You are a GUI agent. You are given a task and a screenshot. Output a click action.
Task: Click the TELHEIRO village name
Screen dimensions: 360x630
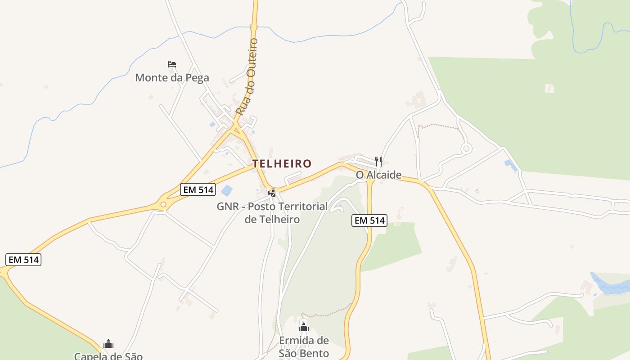tap(282, 163)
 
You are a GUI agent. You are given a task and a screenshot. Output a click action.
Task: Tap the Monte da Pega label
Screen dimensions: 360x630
tap(172, 77)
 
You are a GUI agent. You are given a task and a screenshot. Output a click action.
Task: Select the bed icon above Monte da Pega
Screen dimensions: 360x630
tap(171, 64)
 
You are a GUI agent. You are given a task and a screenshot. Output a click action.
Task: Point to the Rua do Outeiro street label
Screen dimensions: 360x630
tap(247, 76)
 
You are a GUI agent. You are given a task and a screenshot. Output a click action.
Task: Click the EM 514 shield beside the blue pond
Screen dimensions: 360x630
tap(198, 189)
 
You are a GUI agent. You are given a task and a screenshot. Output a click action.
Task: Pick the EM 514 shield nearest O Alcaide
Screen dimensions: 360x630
tap(369, 220)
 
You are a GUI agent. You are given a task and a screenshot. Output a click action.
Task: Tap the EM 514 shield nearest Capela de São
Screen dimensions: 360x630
tap(24, 260)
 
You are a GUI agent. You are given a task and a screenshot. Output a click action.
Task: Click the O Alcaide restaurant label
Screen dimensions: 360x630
tap(378, 175)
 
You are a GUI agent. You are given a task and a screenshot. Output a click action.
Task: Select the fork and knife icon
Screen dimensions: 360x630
tap(378, 161)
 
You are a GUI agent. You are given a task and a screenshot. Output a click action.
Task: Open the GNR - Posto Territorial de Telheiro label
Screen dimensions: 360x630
tap(272, 213)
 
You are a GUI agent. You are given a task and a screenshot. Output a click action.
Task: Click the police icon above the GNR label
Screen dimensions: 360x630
tap(272, 193)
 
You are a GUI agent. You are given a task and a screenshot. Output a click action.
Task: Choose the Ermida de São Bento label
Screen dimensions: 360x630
tap(304, 346)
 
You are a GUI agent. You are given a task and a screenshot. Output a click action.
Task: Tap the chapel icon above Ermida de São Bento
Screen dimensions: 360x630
tap(304, 327)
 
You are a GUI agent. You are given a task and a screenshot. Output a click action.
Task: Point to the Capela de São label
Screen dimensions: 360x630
tap(108, 356)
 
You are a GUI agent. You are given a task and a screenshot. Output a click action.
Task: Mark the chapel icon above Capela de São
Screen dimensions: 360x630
tap(108, 344)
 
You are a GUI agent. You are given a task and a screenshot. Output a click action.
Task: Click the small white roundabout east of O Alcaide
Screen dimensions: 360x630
tap(466, 148)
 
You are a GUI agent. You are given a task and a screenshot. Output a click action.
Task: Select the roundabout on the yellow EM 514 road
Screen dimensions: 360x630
tap(163, 204)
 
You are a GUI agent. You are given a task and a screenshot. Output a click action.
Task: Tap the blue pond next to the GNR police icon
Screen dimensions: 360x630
tap(227, 190)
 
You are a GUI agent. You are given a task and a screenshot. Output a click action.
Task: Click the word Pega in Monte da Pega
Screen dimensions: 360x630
tap(196, 77)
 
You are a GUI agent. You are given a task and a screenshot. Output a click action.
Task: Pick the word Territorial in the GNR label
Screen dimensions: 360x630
tap(299, 207)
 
